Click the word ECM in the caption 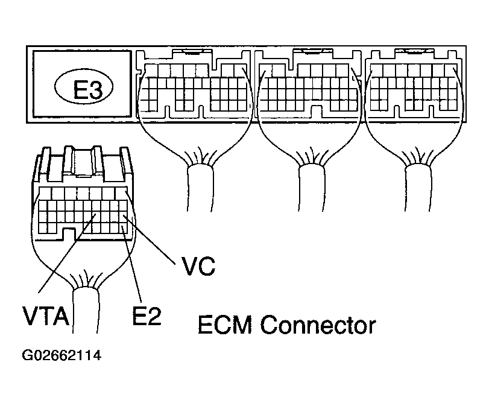pos(227,326)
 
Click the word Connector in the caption pos(318,326)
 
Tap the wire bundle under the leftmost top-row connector pos(199,187)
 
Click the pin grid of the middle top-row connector pos(309,89)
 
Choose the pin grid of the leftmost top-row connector pos(193,89)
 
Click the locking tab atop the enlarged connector pos(85,163)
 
